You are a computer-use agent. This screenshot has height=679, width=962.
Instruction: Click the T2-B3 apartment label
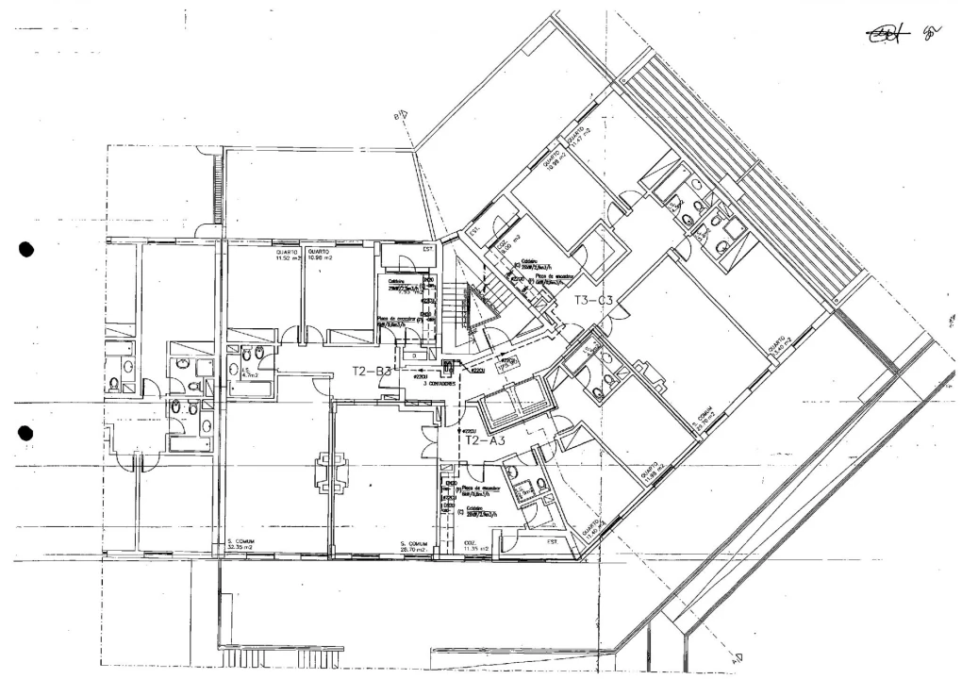(372, 372)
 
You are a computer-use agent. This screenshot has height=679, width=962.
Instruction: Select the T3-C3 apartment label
(594, 301)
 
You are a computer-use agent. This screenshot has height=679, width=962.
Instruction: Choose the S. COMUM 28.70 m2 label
(415, 546)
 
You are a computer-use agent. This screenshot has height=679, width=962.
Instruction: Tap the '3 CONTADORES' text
(440, 384)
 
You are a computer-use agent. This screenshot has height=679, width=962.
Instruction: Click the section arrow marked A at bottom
(737, 657)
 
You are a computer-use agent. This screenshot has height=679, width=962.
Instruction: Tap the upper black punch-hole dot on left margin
(26, 250)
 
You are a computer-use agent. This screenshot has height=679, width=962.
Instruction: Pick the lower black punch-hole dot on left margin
(26, 433)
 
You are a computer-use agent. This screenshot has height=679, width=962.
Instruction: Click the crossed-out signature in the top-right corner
(887, 34)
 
